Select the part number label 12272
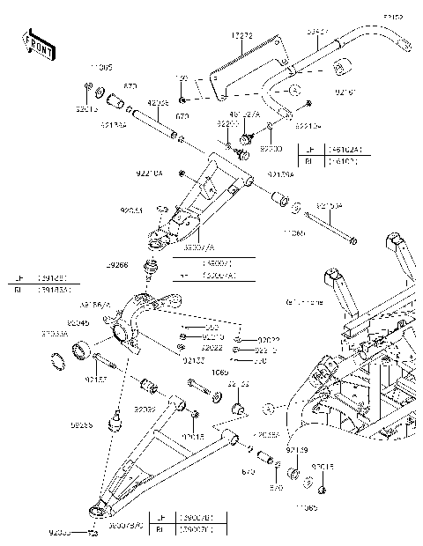[242, 35]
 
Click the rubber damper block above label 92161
[338, 69]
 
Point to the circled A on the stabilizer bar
[295, 89]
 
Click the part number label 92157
[97, 380]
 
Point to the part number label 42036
[159, 103]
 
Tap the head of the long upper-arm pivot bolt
[352, 240]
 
